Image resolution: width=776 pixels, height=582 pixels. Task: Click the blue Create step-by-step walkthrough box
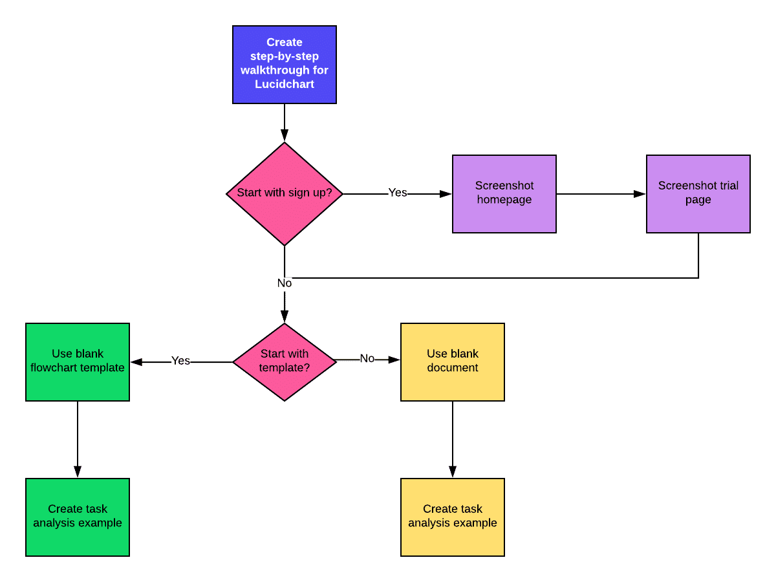point(285,65)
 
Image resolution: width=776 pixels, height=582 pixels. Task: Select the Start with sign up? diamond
point(285,193)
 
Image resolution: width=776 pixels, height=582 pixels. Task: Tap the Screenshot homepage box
point(504,193)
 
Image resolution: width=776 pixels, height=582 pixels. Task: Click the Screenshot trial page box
point(698,193)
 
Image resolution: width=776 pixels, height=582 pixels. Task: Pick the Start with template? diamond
point(285,361)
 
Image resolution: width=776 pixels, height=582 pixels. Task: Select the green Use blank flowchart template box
point(78,361)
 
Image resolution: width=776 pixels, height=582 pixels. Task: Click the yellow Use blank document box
point(453,361)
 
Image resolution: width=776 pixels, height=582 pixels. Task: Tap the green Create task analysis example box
point(78,517)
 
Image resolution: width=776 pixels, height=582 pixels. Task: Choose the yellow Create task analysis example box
point(453,517)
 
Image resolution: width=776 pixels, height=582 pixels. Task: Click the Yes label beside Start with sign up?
point(398,193)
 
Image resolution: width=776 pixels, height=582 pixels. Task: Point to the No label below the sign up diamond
point(285,283)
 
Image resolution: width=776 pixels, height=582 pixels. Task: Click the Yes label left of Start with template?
point(180,361)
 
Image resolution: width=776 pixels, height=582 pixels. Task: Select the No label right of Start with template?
point(367,359)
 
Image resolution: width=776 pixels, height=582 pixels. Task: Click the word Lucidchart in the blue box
point(285,84)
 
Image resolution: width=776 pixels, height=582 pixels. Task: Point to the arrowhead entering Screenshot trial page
point(640,194)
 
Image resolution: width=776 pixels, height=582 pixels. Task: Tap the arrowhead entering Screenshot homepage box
point(446,194)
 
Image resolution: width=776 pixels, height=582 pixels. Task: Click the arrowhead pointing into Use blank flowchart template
point(136,362)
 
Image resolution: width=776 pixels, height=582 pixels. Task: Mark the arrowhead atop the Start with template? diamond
point(285,317)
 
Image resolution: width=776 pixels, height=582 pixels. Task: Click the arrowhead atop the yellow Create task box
point(453,472)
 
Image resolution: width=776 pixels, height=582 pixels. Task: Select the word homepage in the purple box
point(504,200)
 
